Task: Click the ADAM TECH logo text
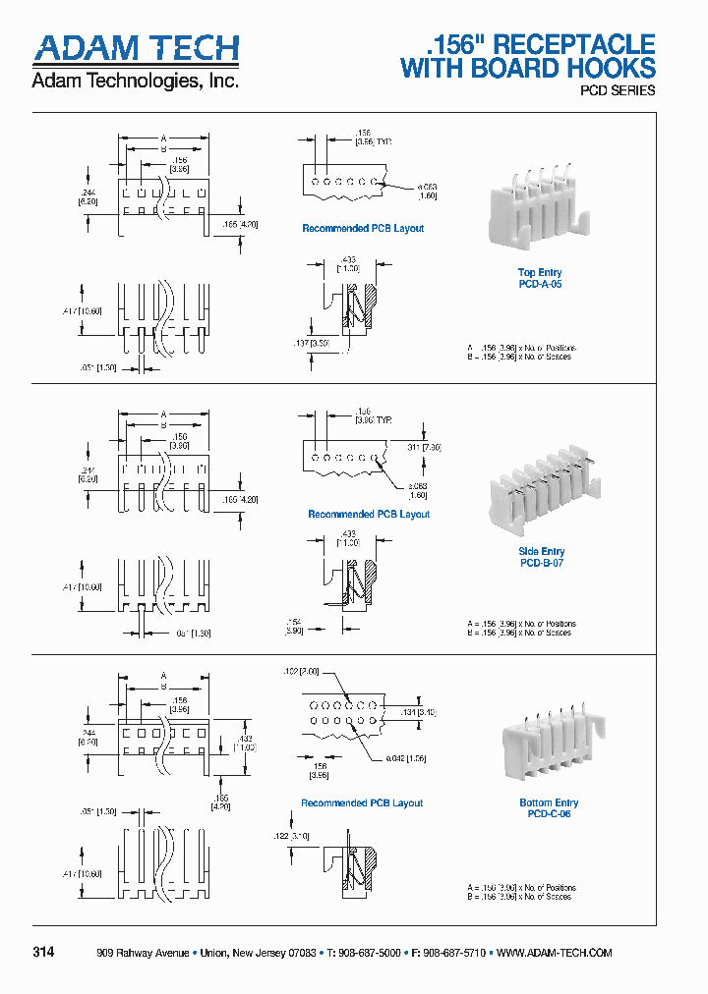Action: [136, 49]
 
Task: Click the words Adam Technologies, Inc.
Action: [136, 82]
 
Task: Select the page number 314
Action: [43, 953]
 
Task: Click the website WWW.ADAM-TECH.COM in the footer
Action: [555, 953]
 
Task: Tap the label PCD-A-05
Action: [540, 284]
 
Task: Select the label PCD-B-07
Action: [540, 563]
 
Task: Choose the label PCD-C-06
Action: [549, 813]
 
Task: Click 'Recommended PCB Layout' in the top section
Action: [363, 228]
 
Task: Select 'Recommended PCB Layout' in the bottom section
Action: [362, 802]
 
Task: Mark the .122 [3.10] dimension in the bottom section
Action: [291, 835]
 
